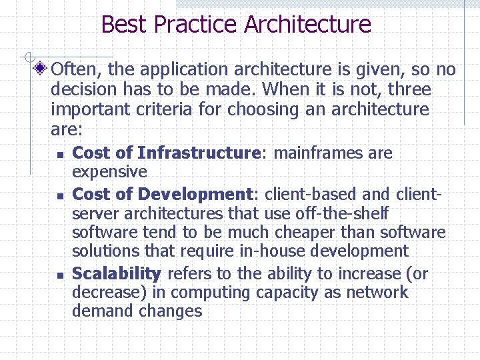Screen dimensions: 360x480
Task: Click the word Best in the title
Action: [x=124, y=25]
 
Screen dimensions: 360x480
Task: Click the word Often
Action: [x=75, y=69]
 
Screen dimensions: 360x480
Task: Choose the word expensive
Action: [x=109, y=172]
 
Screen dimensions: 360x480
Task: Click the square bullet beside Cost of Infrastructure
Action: [x=59, y=155]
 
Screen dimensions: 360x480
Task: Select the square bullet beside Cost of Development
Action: [x=59, y=197]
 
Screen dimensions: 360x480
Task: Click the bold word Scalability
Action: [x=117, y=274]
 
